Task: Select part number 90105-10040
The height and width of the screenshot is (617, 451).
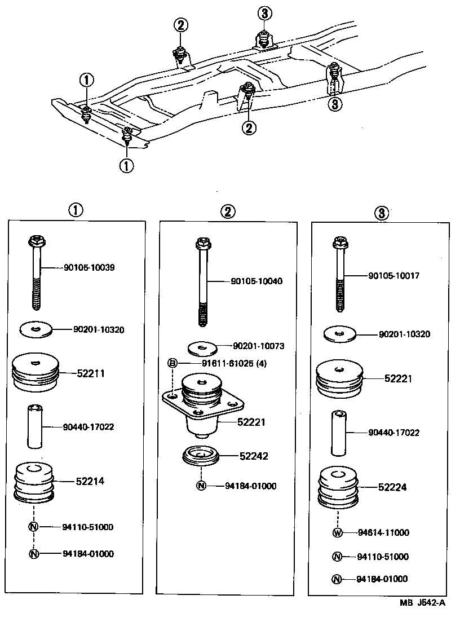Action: click(x=257, y=280)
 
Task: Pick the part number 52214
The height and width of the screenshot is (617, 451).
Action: click(x=90, y=481)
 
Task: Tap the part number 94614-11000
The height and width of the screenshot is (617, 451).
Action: click(x=383, y=532)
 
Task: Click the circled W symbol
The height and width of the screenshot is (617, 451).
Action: click(x=337, y=532)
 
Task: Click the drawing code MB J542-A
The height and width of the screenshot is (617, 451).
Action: click(x=422, y=603)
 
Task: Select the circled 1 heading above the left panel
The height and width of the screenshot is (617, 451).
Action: click(x=76, y=210)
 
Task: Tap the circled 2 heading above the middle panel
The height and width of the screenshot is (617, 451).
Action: click(x=228, y=211)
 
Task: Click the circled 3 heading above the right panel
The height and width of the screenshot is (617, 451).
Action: click(x=381, y=213)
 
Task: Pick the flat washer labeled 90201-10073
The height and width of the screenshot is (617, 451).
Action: click(x=201, y=345)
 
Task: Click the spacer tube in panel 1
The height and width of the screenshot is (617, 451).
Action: click(x=36, y=426)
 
